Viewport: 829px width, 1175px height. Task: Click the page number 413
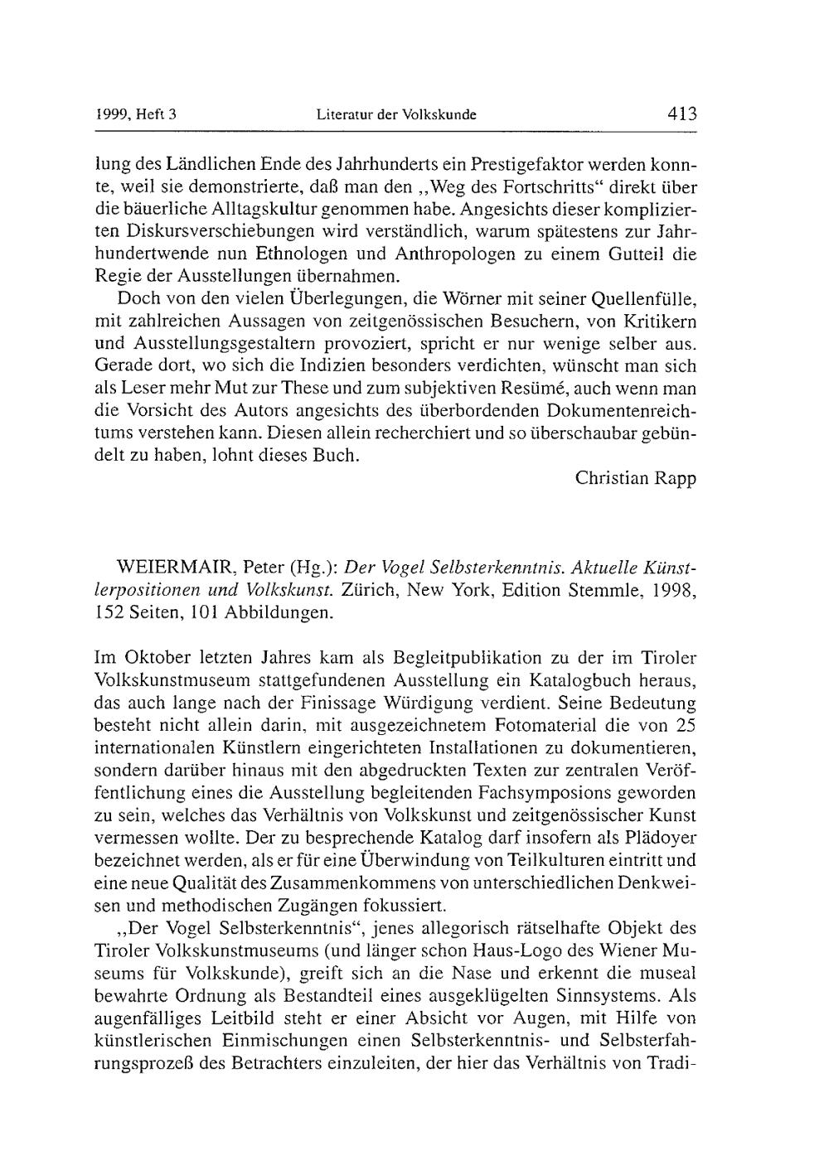pos(682,114)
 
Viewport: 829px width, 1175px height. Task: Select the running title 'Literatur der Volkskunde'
pos(396,115)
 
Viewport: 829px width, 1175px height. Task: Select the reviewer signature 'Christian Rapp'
pos(636,478)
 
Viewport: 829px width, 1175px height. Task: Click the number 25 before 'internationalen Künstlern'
pos(684,726)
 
